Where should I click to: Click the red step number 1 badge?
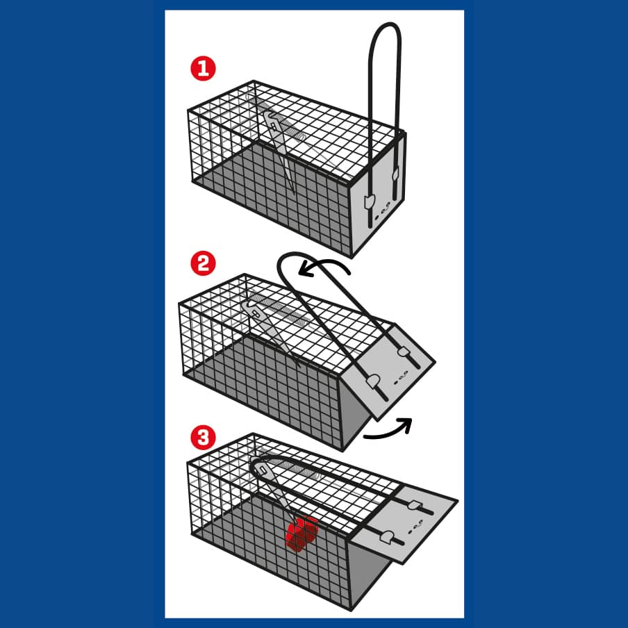pos(203,69)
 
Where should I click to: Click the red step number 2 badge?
pos(203,263)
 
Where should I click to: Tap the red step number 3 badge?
pos(203,438)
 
